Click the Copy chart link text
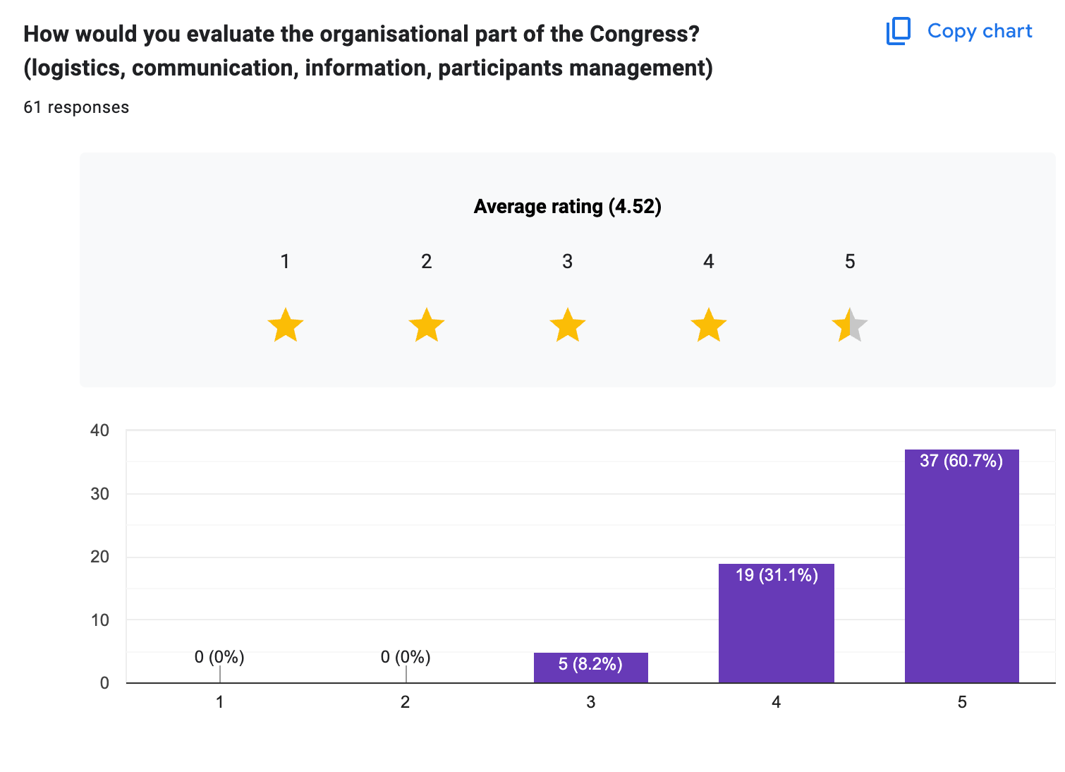[979, 31]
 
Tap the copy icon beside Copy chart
[898, 31]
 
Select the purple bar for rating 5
[961, 572]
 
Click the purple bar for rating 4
[776, 628]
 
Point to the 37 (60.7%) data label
[961, 461]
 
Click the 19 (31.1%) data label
[777, 575]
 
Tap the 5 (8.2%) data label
[590, 664]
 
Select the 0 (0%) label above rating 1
[219, 657]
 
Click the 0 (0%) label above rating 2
[406, 657]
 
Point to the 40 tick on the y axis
[100, 430]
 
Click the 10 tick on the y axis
[100, 620]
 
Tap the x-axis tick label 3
[590, 702]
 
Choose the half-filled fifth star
[849, 325]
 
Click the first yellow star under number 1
[286, 325]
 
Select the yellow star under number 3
[568, 325]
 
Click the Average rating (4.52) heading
[568, 207]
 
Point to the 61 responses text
[76, 107]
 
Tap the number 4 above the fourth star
[709, 262]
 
